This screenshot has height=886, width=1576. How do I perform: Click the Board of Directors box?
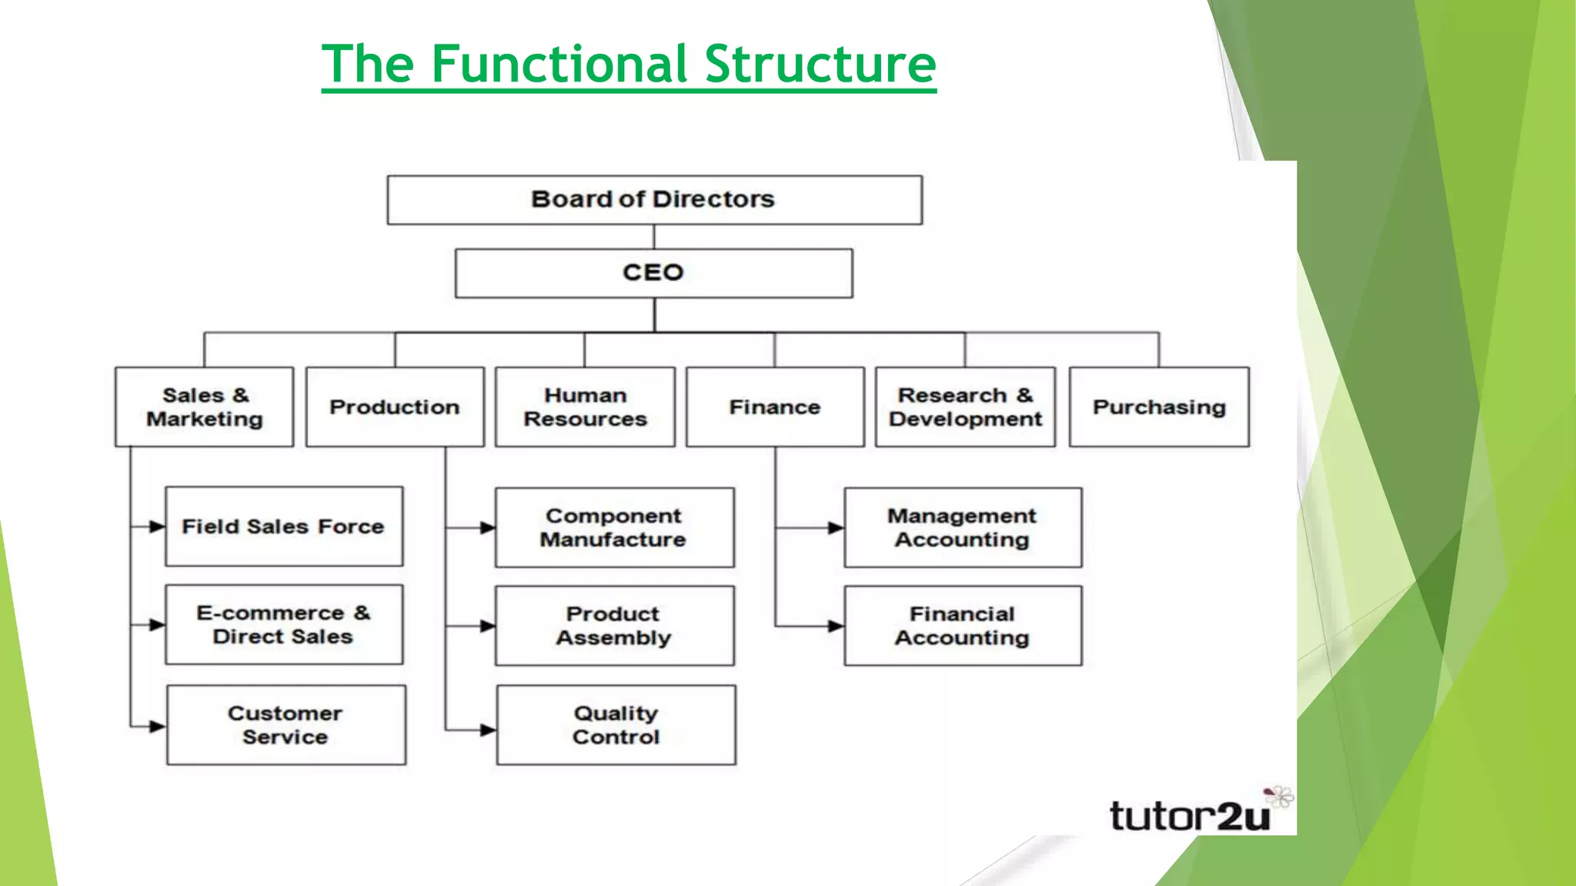[654, 200]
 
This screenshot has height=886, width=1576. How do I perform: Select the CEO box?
[654, 273]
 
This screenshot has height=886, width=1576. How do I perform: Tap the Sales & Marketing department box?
[205, 407]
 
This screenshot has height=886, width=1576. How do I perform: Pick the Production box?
[395, 407]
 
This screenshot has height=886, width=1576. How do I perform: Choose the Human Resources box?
[585, 407]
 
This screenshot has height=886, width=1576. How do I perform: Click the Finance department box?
[775, 407]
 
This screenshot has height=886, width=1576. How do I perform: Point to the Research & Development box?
[965, 407]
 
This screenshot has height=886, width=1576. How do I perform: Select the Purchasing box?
[1159, 407]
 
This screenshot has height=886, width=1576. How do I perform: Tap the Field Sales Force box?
[284, 527]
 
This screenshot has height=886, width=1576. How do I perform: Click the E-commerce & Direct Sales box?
[284, 625]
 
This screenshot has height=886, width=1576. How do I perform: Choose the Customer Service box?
[285, 724]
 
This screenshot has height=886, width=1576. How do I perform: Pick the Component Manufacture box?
[614, 528]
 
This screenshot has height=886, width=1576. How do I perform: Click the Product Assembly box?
[614, 626]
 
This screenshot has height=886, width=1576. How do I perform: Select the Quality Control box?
[616, 724]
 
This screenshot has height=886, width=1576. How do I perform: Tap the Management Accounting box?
[962, 528]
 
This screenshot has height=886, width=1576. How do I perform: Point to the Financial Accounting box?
[962, 626]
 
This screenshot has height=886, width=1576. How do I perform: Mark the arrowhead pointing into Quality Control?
[488, 730]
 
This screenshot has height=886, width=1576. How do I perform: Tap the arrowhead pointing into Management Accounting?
[835, 528]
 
